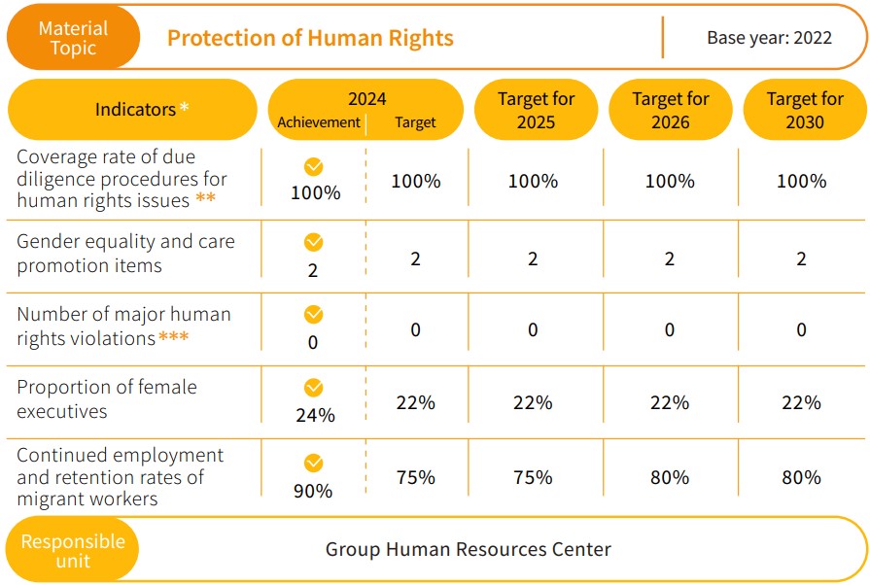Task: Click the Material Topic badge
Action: click(73, 38)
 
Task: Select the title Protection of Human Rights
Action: click(310, 38)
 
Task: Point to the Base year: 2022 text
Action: click(769, 39)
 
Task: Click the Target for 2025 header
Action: click(536, 110)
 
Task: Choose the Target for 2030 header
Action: click(804, 110)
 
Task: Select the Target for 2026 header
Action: click(670, 110)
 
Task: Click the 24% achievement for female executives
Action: click(314, 415)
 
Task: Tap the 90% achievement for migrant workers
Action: click(313, 491)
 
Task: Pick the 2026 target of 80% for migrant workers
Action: click(670, 477)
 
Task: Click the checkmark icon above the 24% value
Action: click(313, 388)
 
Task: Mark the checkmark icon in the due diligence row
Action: click(313, 167)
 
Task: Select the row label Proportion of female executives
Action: click(107, 399)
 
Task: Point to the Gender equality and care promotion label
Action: click(125, 254)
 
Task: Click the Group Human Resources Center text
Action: click(468, 549)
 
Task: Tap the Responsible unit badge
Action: click(73, 550)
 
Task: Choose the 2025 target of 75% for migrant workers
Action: click(533, 477)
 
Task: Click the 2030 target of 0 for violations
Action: click(801, 329)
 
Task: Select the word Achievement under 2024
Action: click(318, 122)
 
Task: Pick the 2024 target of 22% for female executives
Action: click(415, 402)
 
